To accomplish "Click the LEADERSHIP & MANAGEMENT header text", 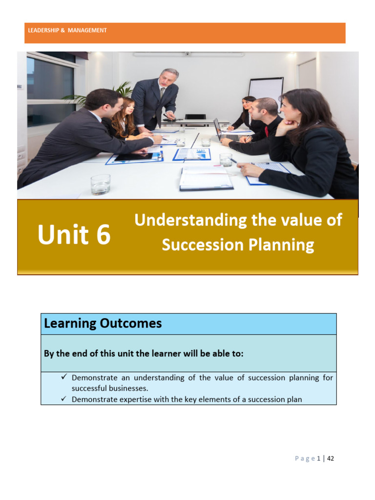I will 67,30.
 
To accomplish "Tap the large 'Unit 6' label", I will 74,235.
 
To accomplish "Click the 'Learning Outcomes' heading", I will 103,323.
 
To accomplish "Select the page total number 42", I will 331,458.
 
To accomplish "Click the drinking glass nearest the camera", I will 100,184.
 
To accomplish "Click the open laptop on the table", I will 218,129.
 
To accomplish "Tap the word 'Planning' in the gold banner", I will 286,245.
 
